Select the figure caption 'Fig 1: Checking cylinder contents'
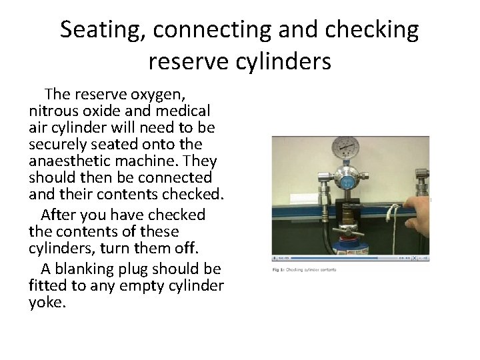pyautogui.click(x=304, y=269)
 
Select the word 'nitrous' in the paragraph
pyautogui.click(x=55, y=109)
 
